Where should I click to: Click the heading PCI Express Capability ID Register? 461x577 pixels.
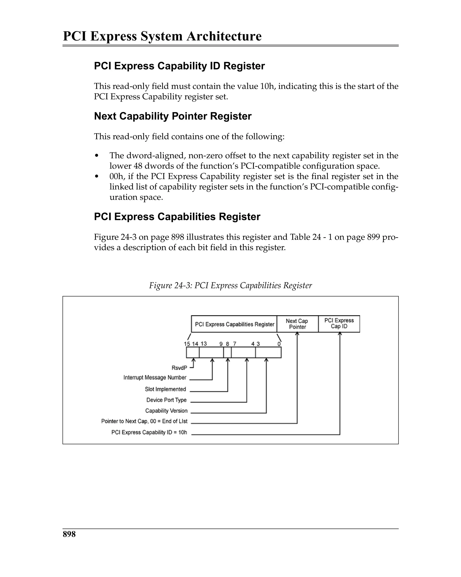coord(179,66)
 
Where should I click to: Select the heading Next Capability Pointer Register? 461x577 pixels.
coord(173,116)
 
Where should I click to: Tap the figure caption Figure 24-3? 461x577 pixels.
coord(230,285)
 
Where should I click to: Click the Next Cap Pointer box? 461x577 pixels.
coord(297,324)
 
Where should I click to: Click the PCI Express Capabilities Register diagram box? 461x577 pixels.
coord(234,324)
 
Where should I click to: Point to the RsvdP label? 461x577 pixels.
coord(179,368)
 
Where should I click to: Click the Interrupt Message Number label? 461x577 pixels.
coord(155,377)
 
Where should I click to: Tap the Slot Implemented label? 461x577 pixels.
coord(165,389)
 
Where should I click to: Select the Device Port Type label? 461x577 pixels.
coord(166,400)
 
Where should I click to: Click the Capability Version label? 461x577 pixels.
coord(166,410)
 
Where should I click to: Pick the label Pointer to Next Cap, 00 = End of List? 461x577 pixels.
coord(144,421)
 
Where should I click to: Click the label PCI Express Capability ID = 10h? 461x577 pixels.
coord(149,432)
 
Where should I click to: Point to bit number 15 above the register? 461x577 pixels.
coord(187,344)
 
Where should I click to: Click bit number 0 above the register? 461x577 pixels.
coord(279,344)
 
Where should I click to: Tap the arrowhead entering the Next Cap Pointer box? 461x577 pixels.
coord(297,334)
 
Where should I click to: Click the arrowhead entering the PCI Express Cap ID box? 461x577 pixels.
coord(340,334)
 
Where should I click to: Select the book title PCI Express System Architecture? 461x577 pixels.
coord(162,36)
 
